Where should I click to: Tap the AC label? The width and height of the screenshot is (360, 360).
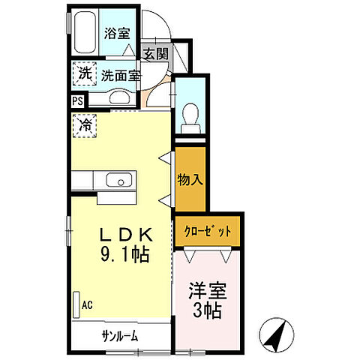coord(88,305)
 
